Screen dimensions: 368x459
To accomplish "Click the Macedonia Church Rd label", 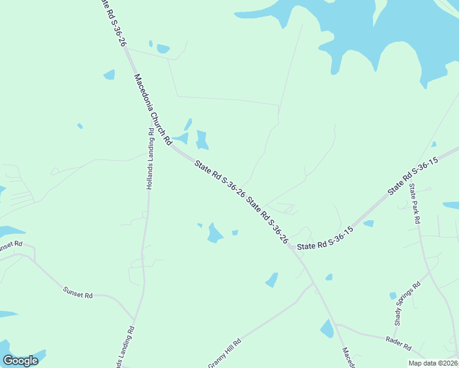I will pyautogui.click(x=153, y=110).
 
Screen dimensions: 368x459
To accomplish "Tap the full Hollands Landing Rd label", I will pyautogui.click(x=150, y=159).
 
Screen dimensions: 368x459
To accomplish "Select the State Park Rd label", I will pyautogui.click(x=415, y=203).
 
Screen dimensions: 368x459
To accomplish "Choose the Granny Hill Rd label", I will pyautogui.click(x=225, y=353).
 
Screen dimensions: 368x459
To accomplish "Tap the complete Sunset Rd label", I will pyautogui.click(x=78, y=292).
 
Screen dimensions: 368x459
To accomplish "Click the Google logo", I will pyautogui.click(x=21, y=361).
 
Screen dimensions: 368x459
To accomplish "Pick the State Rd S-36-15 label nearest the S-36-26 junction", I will pyautogui.click(x=326, y=239).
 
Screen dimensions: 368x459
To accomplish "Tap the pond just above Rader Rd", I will pyautogui.click(x=327, y=329).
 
